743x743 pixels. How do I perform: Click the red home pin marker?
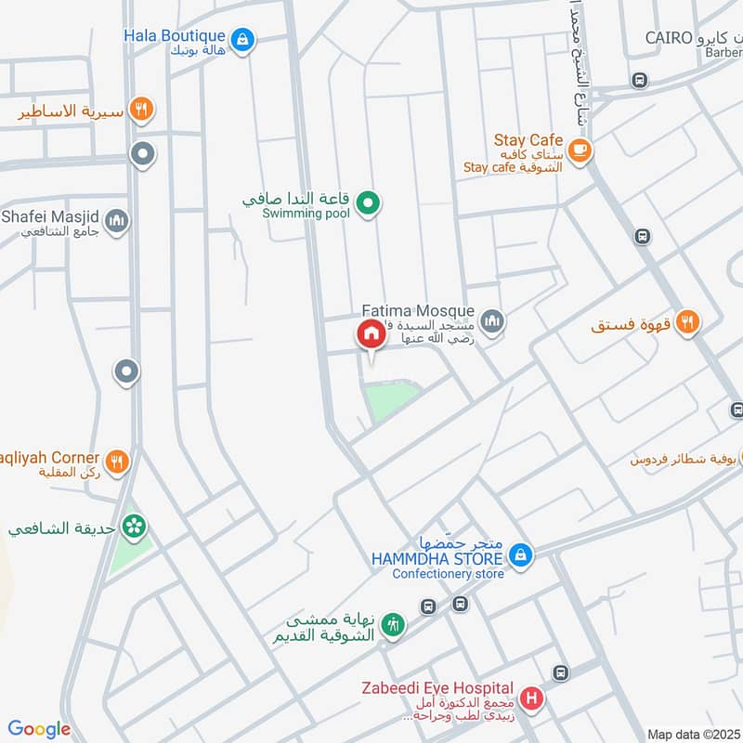tap(370, 334)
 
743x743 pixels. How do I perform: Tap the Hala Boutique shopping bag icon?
tap(242, 39)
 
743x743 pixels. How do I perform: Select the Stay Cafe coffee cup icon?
tap(580, 150)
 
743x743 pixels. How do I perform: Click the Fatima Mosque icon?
tap(492, 321)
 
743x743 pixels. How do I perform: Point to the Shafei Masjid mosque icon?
tap(117, 221)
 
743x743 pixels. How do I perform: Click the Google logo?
tap(39, 730)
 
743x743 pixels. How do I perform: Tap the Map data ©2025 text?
tap(692, 734)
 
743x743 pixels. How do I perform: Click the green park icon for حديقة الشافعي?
tap(137, 527)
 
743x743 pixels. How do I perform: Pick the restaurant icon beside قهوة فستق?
tap(687, 322)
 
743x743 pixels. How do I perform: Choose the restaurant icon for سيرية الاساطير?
tap(141, 110)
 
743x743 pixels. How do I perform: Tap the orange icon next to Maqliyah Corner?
tap(117, 462)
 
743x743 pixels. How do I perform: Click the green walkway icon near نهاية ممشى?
tap(393, 625)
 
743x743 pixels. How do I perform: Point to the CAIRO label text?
tap(670, 38)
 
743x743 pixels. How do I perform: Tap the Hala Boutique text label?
tap(175, 35)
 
